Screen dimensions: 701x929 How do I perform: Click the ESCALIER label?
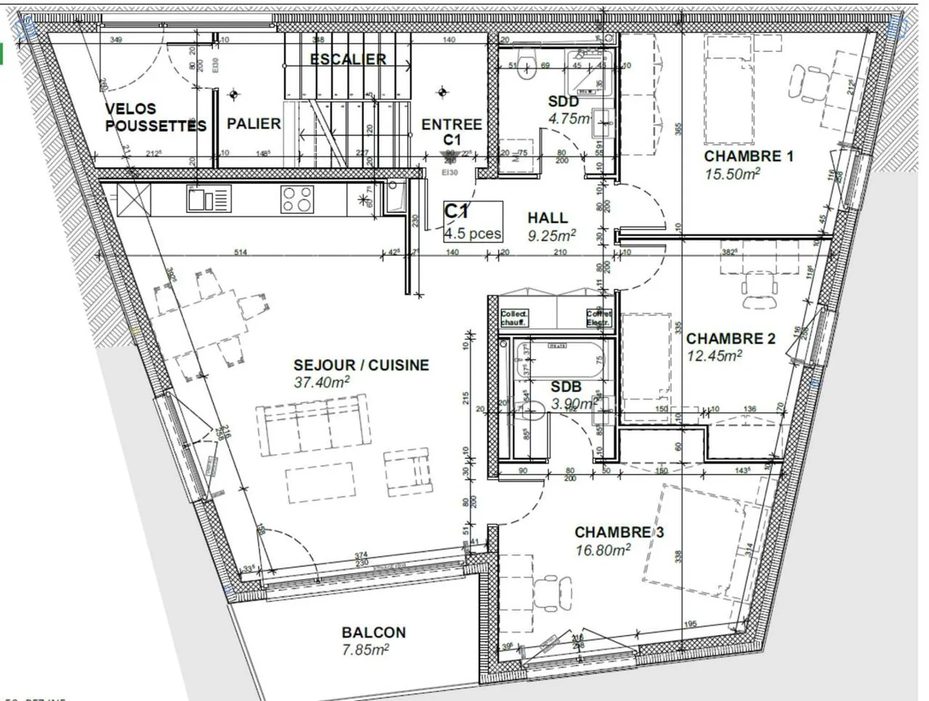[348, 59]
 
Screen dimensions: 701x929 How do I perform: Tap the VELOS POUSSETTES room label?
[155, 117]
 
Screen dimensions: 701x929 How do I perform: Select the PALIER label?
[254, 123]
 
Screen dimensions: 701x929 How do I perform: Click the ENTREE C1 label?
[451, 132]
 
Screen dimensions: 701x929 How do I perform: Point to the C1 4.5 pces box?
[473, 222]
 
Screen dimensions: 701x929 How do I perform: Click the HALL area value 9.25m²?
[552, 236]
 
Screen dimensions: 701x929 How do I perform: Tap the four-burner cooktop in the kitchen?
[297, 199]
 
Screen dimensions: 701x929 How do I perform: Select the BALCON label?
[374, 633]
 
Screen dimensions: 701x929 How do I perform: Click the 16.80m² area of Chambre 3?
[603, 550]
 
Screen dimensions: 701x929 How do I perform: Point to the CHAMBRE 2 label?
[730, 339]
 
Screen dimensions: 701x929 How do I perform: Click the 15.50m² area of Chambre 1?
[732, 173]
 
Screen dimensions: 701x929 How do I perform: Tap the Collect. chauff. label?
[514, 318]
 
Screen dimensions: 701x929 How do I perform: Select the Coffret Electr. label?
[599, 318]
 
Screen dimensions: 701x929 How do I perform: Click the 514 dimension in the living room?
[240, 252]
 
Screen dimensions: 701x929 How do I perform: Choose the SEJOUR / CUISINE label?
[361, 365]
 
